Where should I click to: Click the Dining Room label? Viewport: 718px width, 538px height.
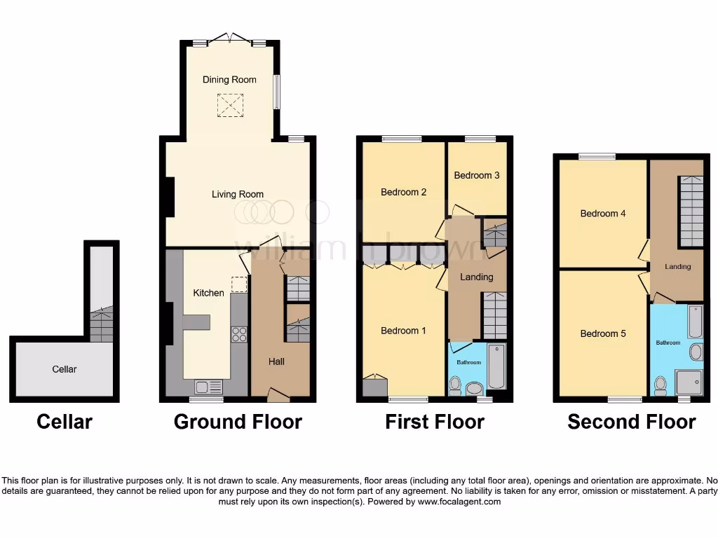(229, 80)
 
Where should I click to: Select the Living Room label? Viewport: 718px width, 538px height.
(238, 195)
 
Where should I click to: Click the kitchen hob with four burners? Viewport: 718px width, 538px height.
(239, 334)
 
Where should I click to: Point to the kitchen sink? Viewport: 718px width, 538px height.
(209, 386)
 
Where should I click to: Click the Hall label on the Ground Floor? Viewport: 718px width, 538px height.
(276, 362)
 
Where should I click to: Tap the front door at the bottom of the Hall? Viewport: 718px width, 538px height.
(278, 396)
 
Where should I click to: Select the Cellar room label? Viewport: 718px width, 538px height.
(64, 369)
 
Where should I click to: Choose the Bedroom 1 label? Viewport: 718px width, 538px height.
(403, 331)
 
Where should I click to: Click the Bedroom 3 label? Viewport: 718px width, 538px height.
(477, 175)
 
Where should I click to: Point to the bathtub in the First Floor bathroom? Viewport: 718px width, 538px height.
(496, 366)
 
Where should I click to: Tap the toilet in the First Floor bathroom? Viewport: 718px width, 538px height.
(455, 384)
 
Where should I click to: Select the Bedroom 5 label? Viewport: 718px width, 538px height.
(603, 334)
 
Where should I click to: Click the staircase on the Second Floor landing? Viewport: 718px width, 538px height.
(691, 211)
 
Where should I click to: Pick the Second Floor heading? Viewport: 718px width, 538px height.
(631, 422)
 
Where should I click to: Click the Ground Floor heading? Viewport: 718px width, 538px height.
(238, 422)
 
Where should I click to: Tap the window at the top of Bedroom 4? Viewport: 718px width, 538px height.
(597, 156)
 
